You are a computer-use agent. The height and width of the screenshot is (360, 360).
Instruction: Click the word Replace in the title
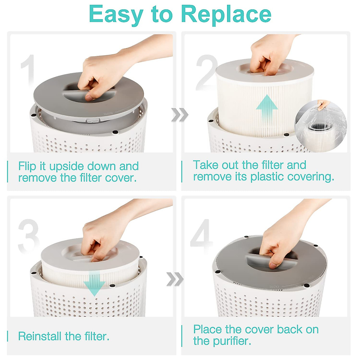226,14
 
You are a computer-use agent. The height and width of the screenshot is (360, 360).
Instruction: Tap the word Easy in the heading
116,14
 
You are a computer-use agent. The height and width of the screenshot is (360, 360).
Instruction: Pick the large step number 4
202,237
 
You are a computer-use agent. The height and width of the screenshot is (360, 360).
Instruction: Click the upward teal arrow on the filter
267,109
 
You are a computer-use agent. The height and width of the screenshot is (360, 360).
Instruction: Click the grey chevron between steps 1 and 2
180,115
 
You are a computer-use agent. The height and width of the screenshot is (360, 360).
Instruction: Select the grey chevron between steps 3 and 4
175,279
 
